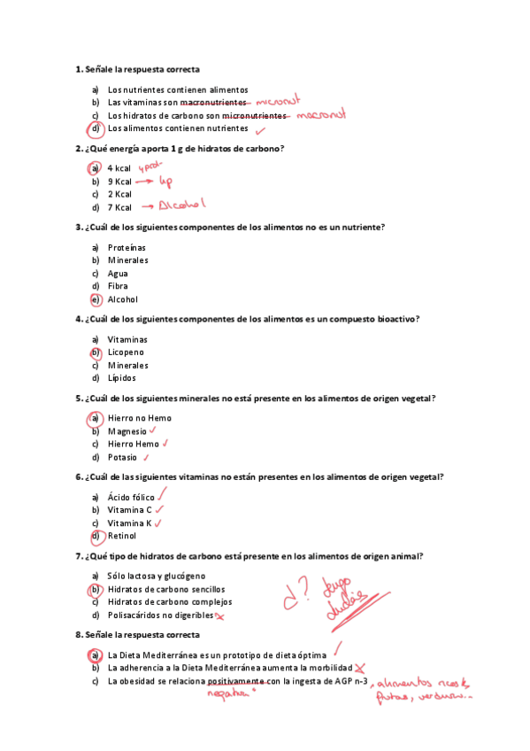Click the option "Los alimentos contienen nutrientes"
click(178, 128)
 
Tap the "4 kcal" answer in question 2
click(119, 168)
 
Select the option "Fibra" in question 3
click(118, 286)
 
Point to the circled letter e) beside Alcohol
click(95, 299)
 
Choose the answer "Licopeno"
click(126, 352)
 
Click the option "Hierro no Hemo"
click(140, 418)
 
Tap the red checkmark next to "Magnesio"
click(153, 430)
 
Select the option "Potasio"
click(122, 457)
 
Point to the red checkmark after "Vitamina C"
click(159, 509)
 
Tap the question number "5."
click(80, 399)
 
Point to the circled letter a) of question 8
click(94, 654)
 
